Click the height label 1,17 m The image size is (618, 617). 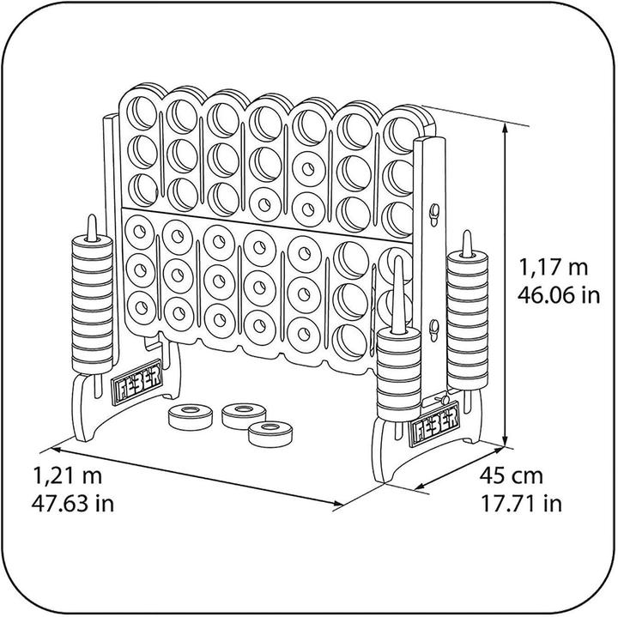554,267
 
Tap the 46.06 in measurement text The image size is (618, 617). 559,294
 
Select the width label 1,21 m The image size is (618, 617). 68,475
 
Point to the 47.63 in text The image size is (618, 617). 73,503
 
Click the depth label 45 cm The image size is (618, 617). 512,475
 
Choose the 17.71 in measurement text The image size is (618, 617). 522,503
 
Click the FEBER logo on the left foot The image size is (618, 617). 136,381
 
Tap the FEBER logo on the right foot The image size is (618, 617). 435,424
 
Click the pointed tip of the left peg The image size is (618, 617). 92,216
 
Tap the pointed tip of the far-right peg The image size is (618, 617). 467,232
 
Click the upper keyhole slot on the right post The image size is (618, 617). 433,214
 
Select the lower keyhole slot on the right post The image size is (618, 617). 434,331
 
